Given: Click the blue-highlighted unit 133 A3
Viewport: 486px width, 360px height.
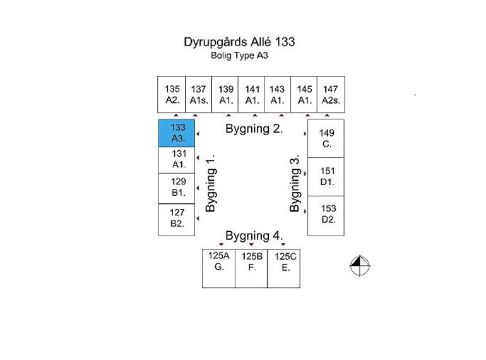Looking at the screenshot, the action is tap(176, 133).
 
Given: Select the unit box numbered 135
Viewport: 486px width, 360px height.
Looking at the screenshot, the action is tap(172, 94).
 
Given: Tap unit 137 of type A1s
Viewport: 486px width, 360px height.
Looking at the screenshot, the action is tap(198, 94).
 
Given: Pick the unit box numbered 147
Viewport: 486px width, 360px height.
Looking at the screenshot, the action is tap(331, 94).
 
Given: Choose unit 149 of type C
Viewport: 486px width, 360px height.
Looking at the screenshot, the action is tap(326, 138).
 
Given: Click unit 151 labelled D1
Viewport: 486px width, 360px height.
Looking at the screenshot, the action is tap(326, 177).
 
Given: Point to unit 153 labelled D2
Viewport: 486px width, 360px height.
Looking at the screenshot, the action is tap(326, 216).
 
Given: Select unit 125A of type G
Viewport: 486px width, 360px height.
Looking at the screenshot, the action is tap(219, 268).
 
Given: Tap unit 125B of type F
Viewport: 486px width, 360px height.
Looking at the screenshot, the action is tap(251, 268).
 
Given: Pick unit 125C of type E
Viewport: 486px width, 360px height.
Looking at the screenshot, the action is tap(284, 268).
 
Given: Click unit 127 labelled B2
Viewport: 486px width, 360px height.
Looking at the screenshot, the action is tap(176, 220).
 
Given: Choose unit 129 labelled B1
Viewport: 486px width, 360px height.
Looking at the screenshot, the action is tap(176, 189).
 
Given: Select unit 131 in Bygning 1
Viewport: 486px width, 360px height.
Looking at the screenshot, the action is tap(176, 160).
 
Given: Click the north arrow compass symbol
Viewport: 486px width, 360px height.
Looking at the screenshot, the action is tap(360, 265).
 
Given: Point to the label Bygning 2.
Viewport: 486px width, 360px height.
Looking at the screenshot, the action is tap(254, 129).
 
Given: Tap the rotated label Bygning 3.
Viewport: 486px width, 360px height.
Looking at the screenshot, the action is tap(295, 183).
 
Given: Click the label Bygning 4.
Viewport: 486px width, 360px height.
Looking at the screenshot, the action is tap(254, 236).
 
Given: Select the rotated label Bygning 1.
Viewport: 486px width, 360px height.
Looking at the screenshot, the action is tap(211, 183).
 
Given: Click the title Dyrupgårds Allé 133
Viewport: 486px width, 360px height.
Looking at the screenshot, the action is tap(239, 42).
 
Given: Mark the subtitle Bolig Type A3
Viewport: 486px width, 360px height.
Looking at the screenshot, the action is tap(239, 56).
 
